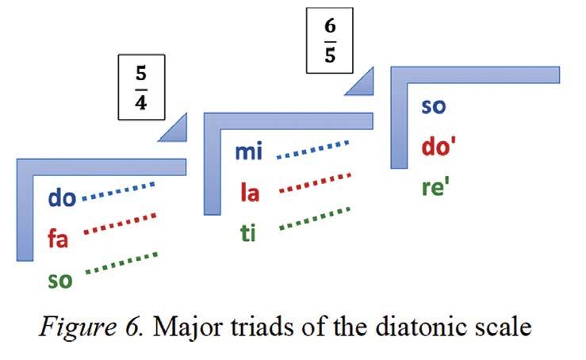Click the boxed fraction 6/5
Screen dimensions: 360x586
point(329,38)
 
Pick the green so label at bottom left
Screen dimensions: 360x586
point(59,278)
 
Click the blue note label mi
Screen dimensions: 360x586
point(249,151)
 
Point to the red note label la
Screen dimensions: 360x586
point(250,193)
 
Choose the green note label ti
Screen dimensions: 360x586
point(248,233)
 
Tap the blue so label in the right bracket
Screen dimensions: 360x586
point(434,105)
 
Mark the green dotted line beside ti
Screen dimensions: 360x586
point(315,218)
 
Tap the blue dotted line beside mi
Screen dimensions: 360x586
point(312,149)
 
